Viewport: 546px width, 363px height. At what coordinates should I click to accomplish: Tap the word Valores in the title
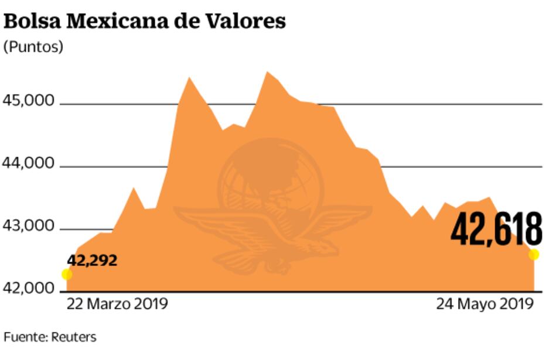pos(248,21)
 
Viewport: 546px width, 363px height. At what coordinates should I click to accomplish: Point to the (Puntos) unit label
pos(33,47)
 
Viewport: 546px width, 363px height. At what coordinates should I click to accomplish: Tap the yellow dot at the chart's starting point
pos(67,274)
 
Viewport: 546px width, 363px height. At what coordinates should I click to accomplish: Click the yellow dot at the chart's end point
pos(534,254)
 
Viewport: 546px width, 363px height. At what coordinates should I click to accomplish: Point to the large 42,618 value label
pos(496,228)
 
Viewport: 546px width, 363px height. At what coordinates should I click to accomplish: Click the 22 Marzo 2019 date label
pos(117,304)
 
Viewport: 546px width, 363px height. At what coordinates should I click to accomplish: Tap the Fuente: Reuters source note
pos(50,337)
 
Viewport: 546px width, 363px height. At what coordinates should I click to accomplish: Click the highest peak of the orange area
pos(267,72)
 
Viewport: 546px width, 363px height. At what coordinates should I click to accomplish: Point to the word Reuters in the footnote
pos(73,337)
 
